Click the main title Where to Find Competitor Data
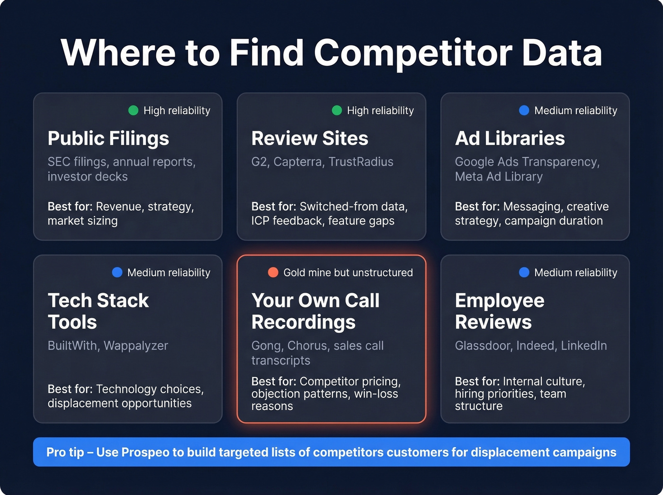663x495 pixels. pos(331,52)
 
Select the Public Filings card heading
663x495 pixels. pos(108,138)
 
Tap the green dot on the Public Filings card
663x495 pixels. pos(134,110)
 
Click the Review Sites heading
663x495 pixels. pos(310,138)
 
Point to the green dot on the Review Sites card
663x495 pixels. pos(337,110)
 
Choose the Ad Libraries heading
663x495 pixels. pos(510,138)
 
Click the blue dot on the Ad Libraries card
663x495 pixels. pos(524,110)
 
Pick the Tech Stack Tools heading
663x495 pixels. pos(98,311)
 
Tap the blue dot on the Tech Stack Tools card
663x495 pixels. pos(117,272)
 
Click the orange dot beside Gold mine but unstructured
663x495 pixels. pos(273,272)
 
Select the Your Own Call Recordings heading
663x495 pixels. pos(315,311)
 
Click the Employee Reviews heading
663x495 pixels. pos(500,311)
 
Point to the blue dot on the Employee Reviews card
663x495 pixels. pos(524,272)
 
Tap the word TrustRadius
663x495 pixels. pos(361,162)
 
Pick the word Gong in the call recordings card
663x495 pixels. pos(266,346)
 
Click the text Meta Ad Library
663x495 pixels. pos(499,177)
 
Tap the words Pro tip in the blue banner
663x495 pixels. pos(65,452)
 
